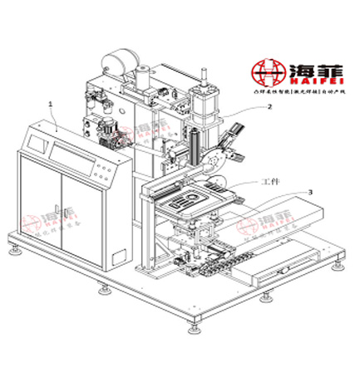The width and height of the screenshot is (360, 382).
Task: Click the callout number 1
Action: (52, 105)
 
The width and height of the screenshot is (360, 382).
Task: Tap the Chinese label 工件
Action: (271, 179)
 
